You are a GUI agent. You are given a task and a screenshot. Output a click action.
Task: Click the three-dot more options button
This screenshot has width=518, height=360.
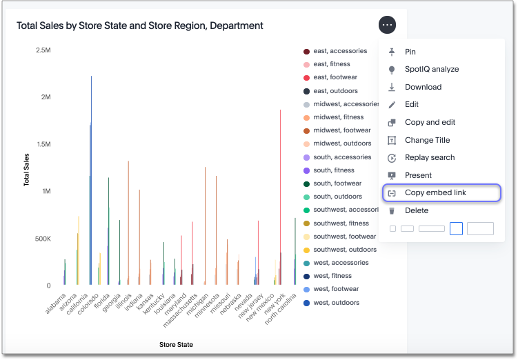[x=387, y=25]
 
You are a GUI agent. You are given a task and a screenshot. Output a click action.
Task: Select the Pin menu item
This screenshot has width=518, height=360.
[x=410, y=52]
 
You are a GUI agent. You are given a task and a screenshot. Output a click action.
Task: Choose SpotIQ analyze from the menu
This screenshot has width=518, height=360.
[x=431, y=69]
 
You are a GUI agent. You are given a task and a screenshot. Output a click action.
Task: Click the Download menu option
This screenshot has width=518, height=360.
[x=423, y=87]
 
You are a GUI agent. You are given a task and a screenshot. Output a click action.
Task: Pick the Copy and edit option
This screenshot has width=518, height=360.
[x=430, y=122]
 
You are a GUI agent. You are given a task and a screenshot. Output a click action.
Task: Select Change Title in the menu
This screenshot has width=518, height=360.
[x=427, y=140]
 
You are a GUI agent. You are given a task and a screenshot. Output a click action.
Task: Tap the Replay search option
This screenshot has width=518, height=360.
[x=429, y=157]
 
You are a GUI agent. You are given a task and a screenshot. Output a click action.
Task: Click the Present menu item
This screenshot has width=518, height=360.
[x=418, y=175]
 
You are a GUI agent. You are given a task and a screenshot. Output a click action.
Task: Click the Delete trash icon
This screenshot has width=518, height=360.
[x=392, y=211]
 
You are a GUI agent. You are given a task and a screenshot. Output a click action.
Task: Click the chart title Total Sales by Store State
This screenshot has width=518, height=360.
[x=140, y=26]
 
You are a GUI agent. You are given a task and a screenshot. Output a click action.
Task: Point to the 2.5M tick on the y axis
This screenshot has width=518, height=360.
[x=43, y=50]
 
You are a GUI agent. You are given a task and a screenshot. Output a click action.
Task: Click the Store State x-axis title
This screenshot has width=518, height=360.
[x=176, y=344]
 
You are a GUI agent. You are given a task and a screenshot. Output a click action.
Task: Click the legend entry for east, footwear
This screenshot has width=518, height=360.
[x=335, y=77]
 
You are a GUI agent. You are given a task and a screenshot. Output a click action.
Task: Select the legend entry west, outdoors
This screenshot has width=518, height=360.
[x=336, y=303]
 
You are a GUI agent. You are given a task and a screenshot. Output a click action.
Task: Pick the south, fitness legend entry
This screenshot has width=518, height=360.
[x=334, y=170]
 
